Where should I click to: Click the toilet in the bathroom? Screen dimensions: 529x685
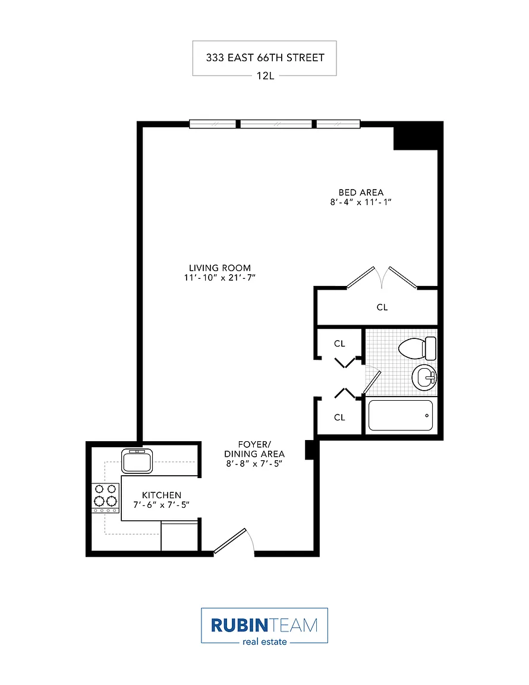tap(417, 348)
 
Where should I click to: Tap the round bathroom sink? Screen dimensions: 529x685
tap(424, 378)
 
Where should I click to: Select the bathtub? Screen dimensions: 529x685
tap(401, 415)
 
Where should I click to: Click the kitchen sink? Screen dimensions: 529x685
tap(137, 461)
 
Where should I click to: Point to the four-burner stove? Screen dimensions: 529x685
tap(105, 498)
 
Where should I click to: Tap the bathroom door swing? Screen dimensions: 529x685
tap(373, 380)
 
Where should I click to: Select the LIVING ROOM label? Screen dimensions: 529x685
tap(220, 268)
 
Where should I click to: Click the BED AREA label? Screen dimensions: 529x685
tap(361, 192)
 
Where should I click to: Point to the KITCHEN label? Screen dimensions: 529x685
tap(162, 495)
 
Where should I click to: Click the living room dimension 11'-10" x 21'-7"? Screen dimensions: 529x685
tap(220, 278)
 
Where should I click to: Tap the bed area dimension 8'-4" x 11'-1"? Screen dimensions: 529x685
tap(361, 202)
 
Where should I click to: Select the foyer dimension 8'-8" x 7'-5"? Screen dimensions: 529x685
tap(254, 464)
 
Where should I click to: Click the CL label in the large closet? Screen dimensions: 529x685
tap(382, 307)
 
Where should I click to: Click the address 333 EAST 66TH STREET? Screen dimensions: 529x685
tap(265, 58)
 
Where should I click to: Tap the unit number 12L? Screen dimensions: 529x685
tap(265, 76)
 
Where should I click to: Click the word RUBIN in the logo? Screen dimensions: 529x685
tap(239, 625)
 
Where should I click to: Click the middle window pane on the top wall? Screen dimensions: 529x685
tap(276, 124)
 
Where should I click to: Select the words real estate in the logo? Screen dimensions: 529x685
tap(264, 642)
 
